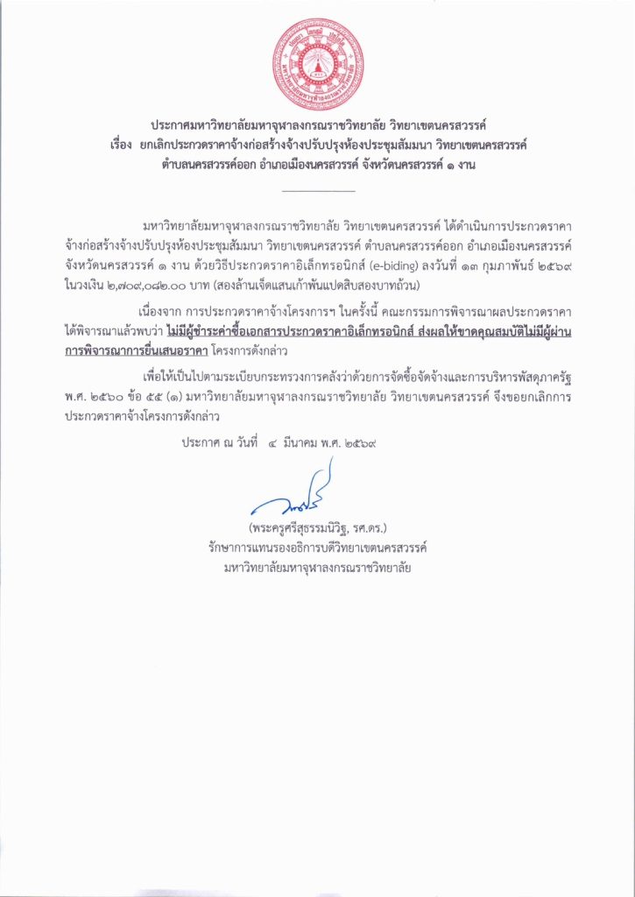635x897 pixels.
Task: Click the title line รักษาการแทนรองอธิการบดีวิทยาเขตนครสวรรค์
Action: pos(317,547)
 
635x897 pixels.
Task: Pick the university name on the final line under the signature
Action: pos(317,567)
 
